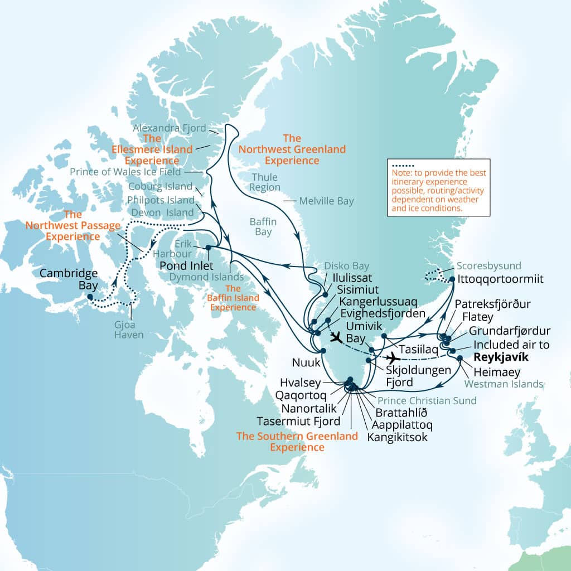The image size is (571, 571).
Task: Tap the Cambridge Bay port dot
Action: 90,297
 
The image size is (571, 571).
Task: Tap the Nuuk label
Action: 306,363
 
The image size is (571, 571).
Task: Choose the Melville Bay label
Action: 326,201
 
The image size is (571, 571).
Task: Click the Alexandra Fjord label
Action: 170,128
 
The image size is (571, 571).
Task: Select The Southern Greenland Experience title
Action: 297,441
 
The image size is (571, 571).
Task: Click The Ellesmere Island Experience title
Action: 167,149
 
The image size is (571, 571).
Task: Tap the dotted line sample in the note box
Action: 403,166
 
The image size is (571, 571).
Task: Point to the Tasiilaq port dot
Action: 384,336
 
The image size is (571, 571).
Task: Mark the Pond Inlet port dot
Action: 207,248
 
